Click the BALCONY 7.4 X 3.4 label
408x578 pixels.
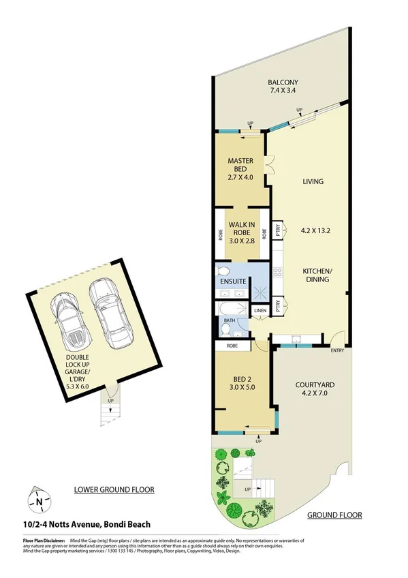pyautogui.click(x=283, y=85)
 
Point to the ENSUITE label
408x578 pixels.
pyautogui.click(x=232, y=281)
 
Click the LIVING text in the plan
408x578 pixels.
pyautogui.click(x=313, y=182)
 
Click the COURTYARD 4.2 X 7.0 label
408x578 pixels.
pyautogui.click(x=315, y=389)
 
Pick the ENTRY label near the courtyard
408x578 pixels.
pyautogui.click(x=337, y=351)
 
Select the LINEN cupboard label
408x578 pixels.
pyautogui.click(x=260, y=311)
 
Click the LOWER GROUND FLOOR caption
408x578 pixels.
pyautogui.click(x=114, y=489)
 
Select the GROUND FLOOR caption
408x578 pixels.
pyautogui.click(x=334, y=515)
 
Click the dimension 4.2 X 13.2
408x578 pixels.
pyautogui.click(x=315, y=230)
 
